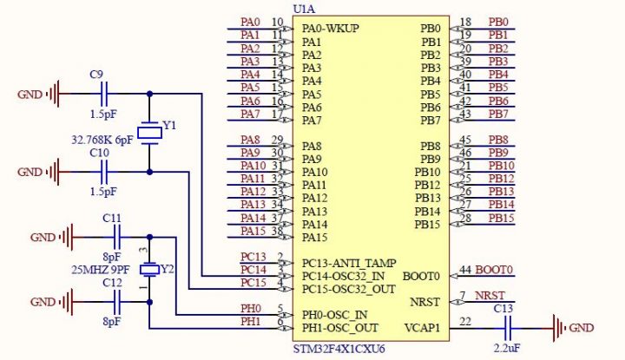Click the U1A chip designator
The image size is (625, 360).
[x=305, y=9]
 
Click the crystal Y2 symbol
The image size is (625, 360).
[x=150, y=270]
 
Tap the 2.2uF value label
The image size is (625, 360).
[x=506, y=347]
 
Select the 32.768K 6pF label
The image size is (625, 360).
[x=102, y=139]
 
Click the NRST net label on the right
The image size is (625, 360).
[x=490, y=296]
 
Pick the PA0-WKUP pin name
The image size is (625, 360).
[x=331, y=29]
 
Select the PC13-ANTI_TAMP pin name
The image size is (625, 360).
[x=349, y=263]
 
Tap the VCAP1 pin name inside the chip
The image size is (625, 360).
[x=422, y=328]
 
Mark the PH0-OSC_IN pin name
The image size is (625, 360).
[x=334, y=314]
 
